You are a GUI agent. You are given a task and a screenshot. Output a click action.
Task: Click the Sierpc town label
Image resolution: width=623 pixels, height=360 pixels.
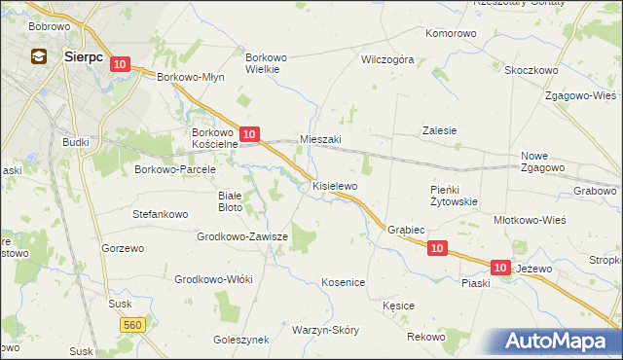[x=83, y=56]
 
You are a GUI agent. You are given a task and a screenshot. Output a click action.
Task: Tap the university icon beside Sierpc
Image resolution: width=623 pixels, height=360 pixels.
[x=40, y=56]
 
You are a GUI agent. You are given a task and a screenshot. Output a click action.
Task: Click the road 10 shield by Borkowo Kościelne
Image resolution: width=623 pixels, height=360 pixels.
[x=249, y=134]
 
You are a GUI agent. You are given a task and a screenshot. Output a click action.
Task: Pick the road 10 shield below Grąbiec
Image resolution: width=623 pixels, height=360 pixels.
[x=437, y=249]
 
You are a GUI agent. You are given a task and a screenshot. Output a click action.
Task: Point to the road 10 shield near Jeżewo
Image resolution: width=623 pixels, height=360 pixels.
[x=500, y=267]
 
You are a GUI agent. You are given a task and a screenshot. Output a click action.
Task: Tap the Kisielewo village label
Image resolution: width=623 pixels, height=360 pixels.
[x=335, y=185]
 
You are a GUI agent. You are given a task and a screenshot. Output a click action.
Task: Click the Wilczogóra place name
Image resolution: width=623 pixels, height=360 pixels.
[x=387, y=59]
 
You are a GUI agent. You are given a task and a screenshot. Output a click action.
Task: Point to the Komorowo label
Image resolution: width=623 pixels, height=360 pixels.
[x=452, y=33]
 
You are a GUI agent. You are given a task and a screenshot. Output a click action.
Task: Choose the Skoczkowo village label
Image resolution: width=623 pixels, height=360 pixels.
[x=531, y=70]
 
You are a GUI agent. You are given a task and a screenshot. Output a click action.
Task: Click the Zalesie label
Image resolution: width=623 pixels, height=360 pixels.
[x=439, y=129]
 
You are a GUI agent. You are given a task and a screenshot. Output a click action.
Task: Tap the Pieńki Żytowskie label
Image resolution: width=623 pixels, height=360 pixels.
[x=454, y=196]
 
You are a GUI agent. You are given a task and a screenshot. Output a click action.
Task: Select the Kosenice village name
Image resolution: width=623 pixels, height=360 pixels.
[x=343, y=282]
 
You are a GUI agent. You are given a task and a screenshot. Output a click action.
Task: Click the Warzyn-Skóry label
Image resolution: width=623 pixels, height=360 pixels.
[x=325, y=330]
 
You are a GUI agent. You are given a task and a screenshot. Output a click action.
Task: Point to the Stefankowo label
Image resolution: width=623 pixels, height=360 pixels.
[x=160, y=211]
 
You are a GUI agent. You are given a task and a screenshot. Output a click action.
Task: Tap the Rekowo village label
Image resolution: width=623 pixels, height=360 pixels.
[x=426, y=337]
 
